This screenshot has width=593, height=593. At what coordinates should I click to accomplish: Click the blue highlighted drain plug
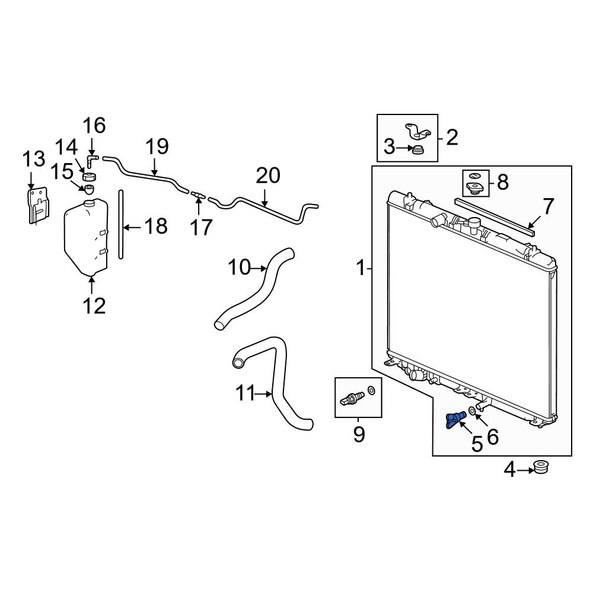455,420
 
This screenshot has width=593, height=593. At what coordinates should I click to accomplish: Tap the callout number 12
94,305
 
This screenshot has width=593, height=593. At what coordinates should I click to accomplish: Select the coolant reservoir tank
87,237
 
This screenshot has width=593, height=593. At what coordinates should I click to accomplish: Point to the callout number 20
268,176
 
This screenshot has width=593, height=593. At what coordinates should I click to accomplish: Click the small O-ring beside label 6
473,411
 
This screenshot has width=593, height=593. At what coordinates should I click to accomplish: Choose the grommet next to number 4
541,467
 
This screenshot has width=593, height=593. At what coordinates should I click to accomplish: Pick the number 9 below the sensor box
359,434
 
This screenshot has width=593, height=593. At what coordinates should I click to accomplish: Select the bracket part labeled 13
39,205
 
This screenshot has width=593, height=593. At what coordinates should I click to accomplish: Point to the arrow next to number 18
133,227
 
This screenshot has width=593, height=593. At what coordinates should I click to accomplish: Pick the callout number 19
157,146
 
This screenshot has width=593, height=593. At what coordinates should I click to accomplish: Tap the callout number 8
502,183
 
